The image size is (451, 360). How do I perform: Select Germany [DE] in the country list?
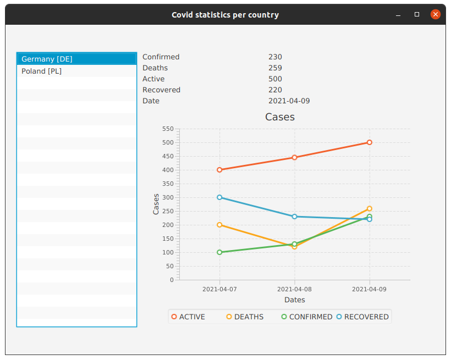[x=47, y=59]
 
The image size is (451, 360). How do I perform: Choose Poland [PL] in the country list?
[x=42, y=71]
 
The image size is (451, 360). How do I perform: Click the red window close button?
[x=435, y=15]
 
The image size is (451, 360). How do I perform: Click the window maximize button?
[x=417, y=15]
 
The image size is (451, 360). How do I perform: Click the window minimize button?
[x=398, y=15]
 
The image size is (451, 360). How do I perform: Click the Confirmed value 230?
[x=275, y=57]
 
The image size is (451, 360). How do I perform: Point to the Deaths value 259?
[x=275, y=68]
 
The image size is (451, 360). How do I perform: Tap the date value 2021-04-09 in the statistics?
[x=289, y=101]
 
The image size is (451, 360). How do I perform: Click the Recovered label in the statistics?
[x=161, y=90]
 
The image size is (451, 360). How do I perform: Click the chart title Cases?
[x=280, y=117]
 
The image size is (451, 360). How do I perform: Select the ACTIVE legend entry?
[x=188, y=317]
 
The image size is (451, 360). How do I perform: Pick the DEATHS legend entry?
[x=245, y=317]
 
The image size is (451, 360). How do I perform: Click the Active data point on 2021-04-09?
[x=370, y=142]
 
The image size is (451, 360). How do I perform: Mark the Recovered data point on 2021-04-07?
[x=219, y=197]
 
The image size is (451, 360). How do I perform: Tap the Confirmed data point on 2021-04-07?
[x=219, y=252]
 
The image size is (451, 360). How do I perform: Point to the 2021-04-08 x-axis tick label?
[x=294, y=289]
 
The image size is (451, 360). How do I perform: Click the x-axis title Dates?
[x=294, y=300]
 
